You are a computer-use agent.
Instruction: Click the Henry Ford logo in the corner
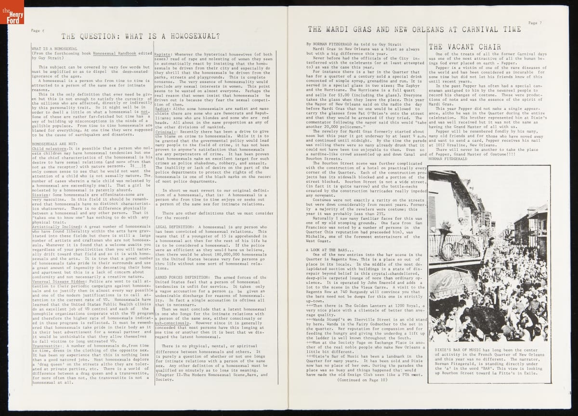click(12, 14)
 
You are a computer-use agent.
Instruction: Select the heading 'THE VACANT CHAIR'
click(464, 47)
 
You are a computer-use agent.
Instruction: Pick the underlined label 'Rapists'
click(163, 55)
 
